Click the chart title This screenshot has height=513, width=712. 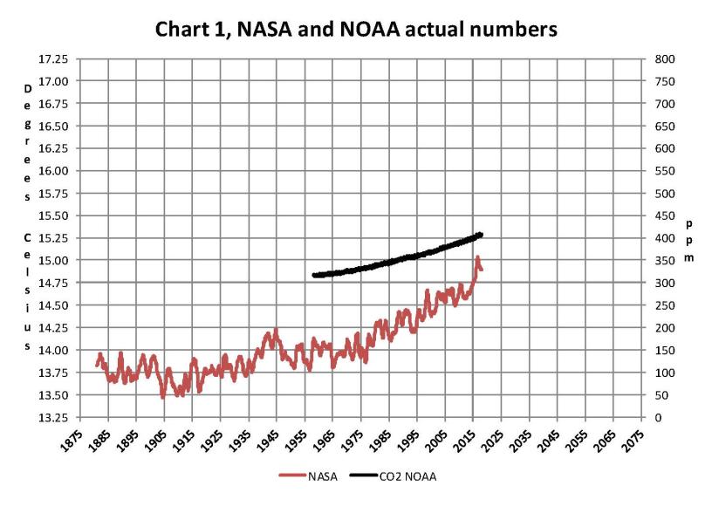click(x=356, y=29)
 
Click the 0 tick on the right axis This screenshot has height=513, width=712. click(x=648, y=418)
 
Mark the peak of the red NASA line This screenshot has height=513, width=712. click(x=477, y=257)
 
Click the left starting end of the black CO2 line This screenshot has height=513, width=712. click(x=312, y=276)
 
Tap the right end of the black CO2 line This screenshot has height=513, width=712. click(x=482, y=234)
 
